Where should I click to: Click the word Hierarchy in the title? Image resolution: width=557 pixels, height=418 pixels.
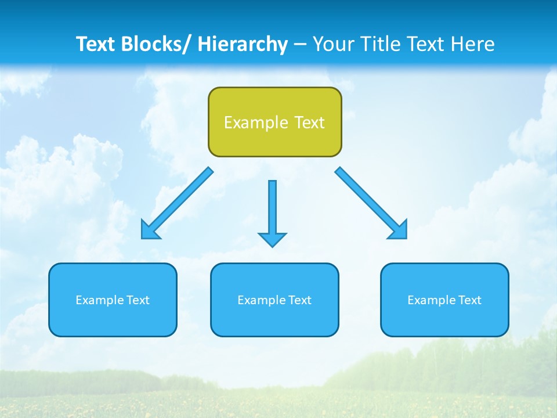(x=243, y=44)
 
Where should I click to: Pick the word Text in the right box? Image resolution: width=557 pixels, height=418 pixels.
(x=469, y=300)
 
